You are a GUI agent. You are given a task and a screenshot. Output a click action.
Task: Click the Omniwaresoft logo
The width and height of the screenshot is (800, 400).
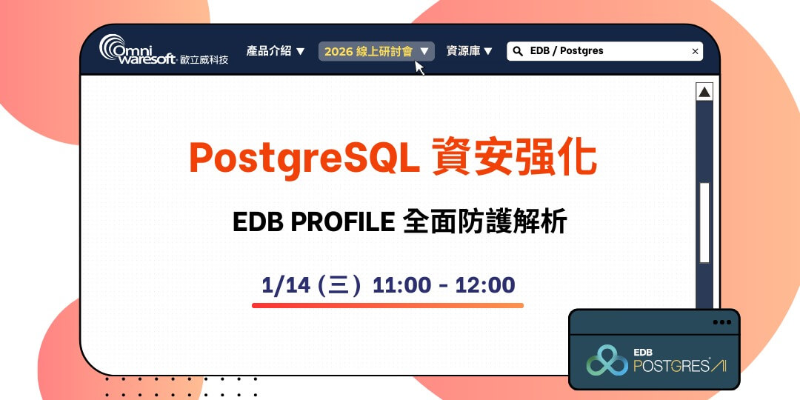(163, 50)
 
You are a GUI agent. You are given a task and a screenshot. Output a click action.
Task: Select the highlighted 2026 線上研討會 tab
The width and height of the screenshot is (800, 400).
(376, 51)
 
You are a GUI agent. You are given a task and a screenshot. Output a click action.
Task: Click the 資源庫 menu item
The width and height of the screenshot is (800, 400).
(469, 51)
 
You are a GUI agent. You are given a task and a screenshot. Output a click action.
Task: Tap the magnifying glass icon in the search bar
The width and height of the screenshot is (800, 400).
(517, 51)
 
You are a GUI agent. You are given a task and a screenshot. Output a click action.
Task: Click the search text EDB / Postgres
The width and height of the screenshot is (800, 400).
(567, 51)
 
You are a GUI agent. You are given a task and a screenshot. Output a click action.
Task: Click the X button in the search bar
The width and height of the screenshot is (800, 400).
(695, 51)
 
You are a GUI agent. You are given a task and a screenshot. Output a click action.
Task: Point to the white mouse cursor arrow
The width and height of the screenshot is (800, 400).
(419, 68)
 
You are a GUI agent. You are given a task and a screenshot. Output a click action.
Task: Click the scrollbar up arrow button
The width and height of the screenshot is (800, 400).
(704, 92)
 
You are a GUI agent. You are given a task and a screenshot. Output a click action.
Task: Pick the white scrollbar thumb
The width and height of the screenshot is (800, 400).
(704, 222)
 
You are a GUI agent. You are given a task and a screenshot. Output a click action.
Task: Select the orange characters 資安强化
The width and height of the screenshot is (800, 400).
(513, 156)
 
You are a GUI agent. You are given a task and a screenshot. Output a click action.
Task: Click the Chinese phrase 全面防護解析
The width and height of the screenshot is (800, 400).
(485, 221)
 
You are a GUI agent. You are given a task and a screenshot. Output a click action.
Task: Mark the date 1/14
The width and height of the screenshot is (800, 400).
(285, 285)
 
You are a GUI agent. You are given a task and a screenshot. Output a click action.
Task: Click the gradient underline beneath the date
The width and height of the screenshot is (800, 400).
(387, 305)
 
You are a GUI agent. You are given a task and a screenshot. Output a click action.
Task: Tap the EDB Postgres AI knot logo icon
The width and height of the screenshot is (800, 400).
(607, 360)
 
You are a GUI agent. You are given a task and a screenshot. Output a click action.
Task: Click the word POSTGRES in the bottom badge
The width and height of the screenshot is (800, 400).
(670, 366)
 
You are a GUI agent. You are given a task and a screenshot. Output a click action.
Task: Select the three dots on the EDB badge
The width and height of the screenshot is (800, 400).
(721, 322)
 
